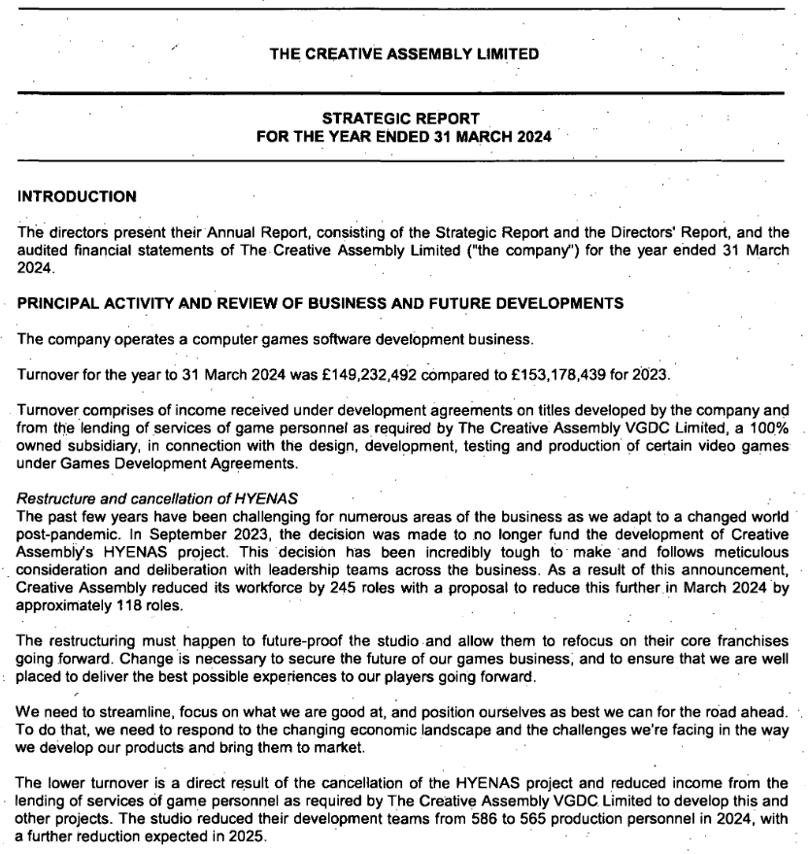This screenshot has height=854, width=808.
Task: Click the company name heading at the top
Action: click(404, 53)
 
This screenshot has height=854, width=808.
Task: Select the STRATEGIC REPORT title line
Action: click(404, 120)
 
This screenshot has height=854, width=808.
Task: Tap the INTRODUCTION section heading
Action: click(78, 196)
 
